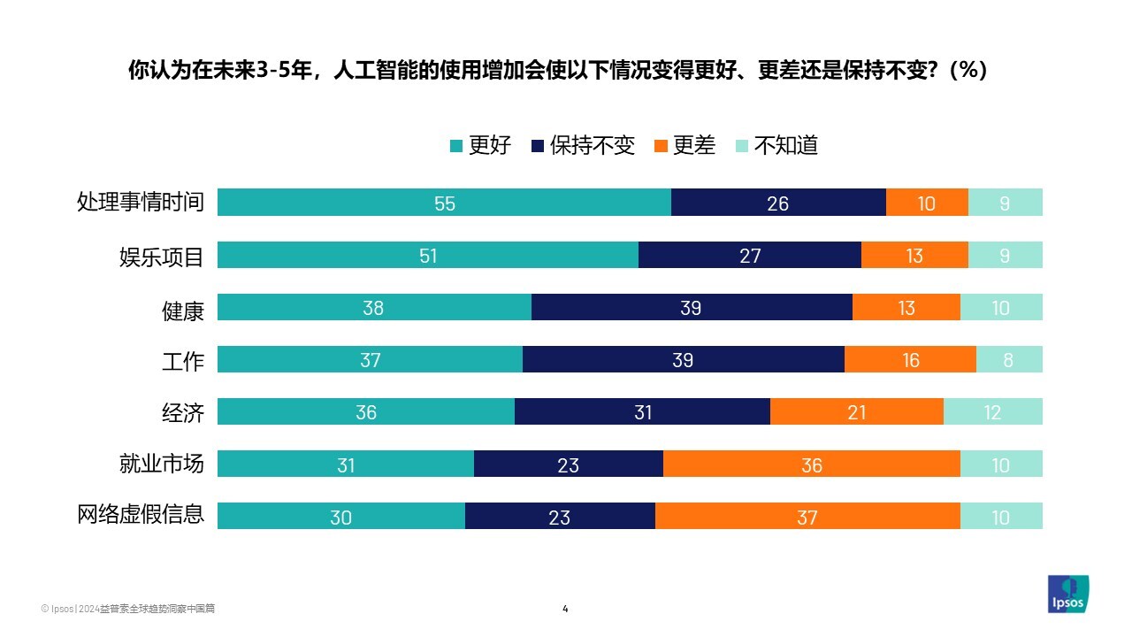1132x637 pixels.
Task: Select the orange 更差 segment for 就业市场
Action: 811,464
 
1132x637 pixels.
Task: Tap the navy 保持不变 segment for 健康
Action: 692,308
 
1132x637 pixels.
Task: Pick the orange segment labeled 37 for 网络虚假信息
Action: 807,517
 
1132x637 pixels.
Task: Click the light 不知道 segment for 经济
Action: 992,412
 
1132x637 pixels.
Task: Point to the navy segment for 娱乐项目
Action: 749,256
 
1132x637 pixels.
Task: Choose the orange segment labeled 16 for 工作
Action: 910,360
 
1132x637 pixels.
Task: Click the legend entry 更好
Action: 481,146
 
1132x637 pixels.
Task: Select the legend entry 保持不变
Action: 583,146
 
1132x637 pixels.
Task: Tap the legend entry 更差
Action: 685,146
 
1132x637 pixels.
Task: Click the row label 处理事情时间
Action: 141,203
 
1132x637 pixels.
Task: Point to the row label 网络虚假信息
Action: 141,515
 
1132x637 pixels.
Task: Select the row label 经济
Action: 183,412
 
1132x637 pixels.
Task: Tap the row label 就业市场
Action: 162,464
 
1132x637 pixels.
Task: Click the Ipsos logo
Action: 1068,594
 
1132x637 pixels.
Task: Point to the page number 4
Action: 565,609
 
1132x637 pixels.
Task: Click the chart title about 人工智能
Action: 557,71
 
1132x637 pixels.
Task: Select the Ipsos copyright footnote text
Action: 128,609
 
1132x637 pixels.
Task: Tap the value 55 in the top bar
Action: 444,203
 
